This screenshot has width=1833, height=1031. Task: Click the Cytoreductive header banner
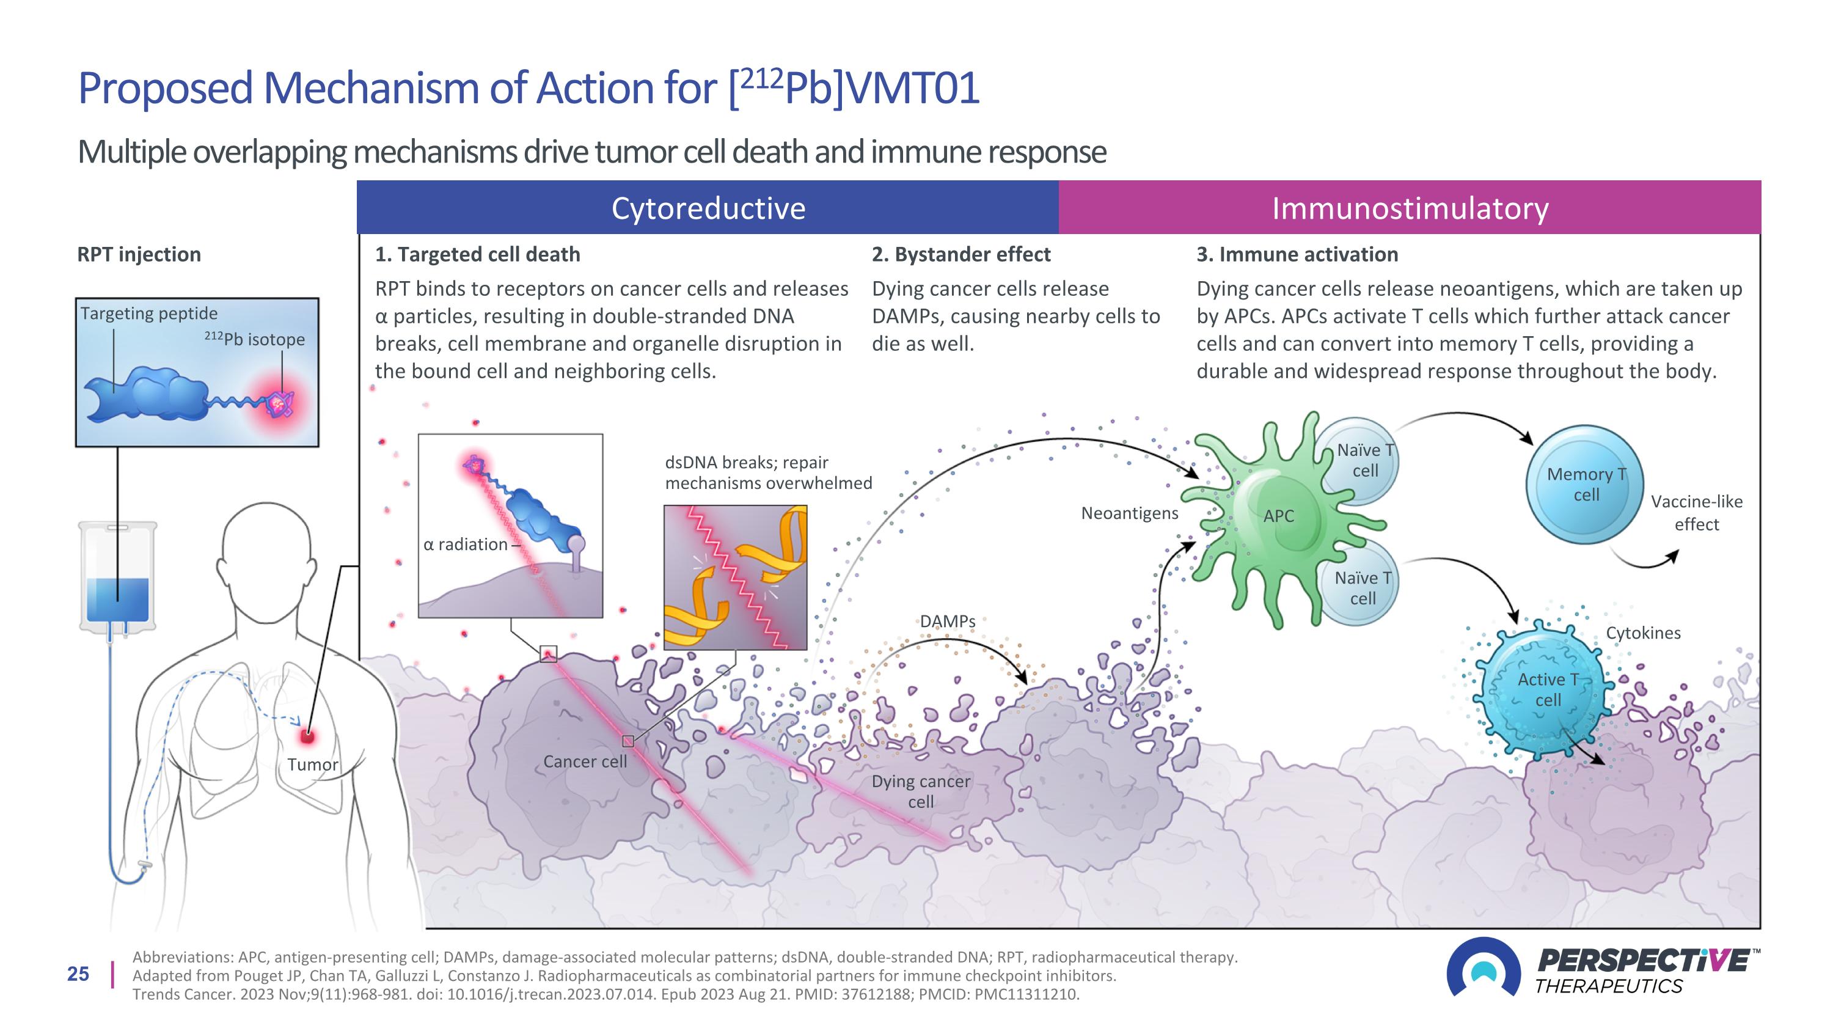(x=708, y=208)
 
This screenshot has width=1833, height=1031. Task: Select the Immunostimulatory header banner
(x=1409, y=208)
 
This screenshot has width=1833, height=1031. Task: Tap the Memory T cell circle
(x=1586, y=485)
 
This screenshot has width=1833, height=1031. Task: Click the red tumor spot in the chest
(x=307, y=736)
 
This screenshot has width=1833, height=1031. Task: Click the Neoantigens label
(x=1129, y=513)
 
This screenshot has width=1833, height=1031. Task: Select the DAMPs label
(x=947, y=621)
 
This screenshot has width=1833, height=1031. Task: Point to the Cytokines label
(x=1643, y=633)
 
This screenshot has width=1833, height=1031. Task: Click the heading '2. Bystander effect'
(x=960, y=254)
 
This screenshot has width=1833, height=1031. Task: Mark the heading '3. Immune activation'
(x=1297, y=254)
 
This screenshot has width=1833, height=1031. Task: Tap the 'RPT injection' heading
(x=139, y=254)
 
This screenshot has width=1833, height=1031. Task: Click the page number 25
(x=78, y=974)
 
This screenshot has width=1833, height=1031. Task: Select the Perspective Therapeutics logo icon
(x=1483, y=967)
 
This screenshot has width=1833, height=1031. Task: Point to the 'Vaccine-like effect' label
(x=1696, y=512)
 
